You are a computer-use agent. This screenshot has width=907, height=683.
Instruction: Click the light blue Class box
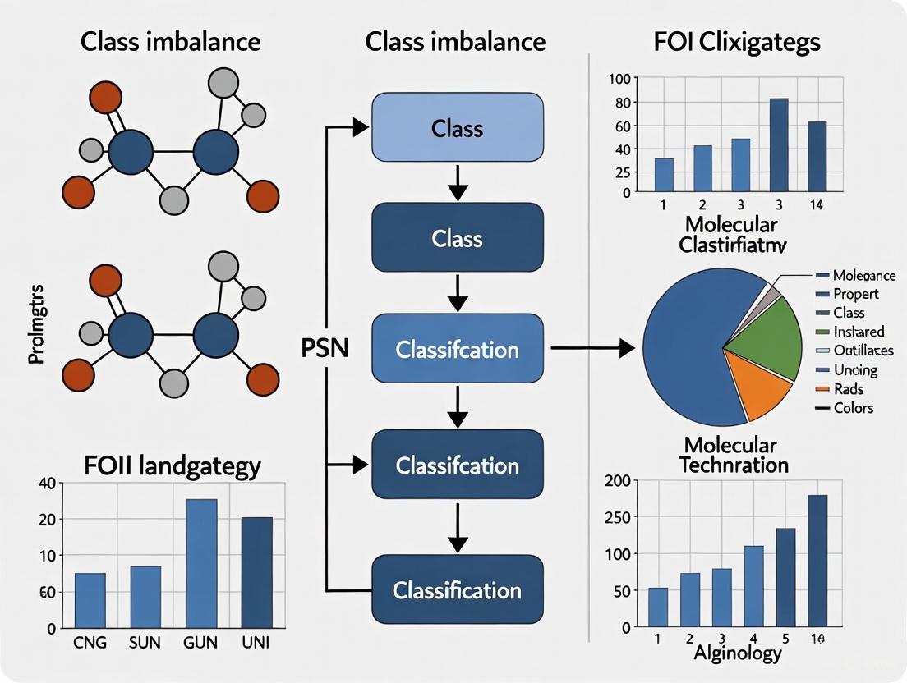458,127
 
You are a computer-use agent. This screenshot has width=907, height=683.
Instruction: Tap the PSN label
326,348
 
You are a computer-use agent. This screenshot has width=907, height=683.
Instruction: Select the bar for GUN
200,563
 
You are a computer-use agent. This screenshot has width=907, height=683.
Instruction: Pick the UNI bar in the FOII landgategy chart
257,572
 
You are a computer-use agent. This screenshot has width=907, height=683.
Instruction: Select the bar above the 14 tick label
817,157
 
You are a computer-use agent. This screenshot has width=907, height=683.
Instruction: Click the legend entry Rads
846,389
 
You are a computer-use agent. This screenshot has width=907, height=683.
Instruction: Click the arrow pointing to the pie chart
592,348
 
